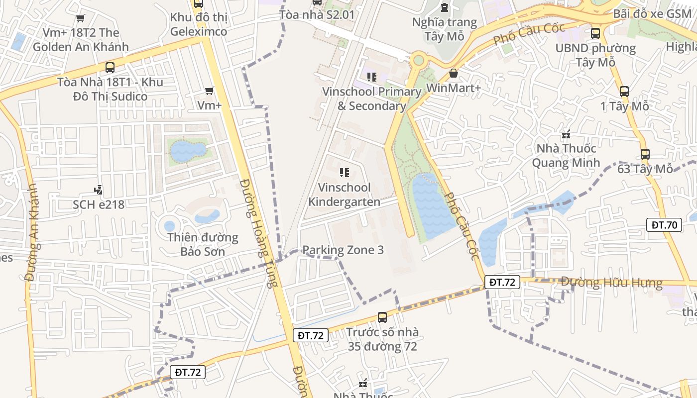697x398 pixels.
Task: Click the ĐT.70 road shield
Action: tap(665, 225)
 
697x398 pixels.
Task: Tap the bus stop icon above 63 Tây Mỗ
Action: tap(645, 154)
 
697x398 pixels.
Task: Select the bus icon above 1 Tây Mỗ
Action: tap(624, 92)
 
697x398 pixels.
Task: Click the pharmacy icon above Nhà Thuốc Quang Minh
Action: tap(566, 134)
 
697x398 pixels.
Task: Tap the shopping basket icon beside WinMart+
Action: tap(454, 74)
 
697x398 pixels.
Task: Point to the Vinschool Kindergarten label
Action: tap(345, 195)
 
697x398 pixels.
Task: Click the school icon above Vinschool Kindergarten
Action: tap(344, 173)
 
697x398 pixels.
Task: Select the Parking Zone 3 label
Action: tap(343, 250)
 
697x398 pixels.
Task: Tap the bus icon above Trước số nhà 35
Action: tap(382, 317)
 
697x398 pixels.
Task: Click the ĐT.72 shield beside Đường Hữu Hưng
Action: tap(502, 282)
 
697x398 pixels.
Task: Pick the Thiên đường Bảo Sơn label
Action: tap(203, 244)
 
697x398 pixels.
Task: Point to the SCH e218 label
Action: tap(99, 204)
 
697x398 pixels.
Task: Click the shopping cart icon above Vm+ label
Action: tap(210, 91)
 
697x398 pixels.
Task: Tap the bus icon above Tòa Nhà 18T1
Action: tap(110, 68)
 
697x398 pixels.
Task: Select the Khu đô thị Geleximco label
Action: tap(199, 24)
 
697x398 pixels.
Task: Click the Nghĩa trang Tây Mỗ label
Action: tap(445, 29)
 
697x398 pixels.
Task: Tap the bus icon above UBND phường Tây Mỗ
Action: tap(595, 33)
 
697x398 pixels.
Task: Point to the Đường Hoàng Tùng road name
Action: tap(258, 233)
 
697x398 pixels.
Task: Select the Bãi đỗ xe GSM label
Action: tap(652, 13)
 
